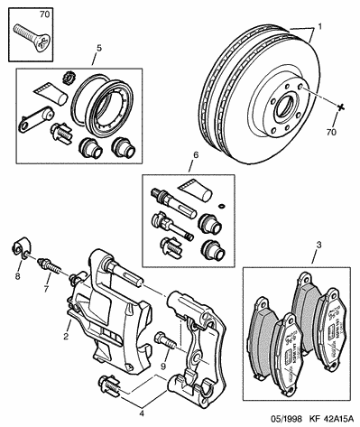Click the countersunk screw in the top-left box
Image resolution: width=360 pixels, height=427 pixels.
click(x=32, y=39)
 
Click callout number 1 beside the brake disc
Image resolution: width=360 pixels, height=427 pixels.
click(x=319, y=27)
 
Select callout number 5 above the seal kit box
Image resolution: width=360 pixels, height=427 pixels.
click(x=99, y=48)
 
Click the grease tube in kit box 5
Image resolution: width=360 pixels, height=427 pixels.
click(x=51, y=93)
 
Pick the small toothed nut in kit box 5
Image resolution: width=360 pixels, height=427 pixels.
click(x=69, y=79)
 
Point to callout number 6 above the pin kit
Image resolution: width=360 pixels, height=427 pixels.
click(x=196, y=155)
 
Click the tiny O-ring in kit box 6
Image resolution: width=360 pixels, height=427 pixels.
click(x=221, y=206)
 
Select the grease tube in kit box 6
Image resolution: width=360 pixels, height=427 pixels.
click(x=196, y=190)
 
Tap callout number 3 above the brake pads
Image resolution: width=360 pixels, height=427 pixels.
click(x=318, y=246)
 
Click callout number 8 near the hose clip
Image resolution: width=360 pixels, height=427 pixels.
click(x=18, y=275)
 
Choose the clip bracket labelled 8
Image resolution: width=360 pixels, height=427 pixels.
click(x=21, y=248)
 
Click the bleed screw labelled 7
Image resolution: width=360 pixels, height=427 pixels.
click(x=49, y=266)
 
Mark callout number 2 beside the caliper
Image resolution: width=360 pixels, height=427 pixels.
click(x=66, y=336)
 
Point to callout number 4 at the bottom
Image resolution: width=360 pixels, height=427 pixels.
click(x=142, y=413)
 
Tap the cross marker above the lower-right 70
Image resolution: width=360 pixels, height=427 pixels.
click(x=340, y=107)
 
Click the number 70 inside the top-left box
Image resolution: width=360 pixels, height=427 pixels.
click(x=44, y=14)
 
